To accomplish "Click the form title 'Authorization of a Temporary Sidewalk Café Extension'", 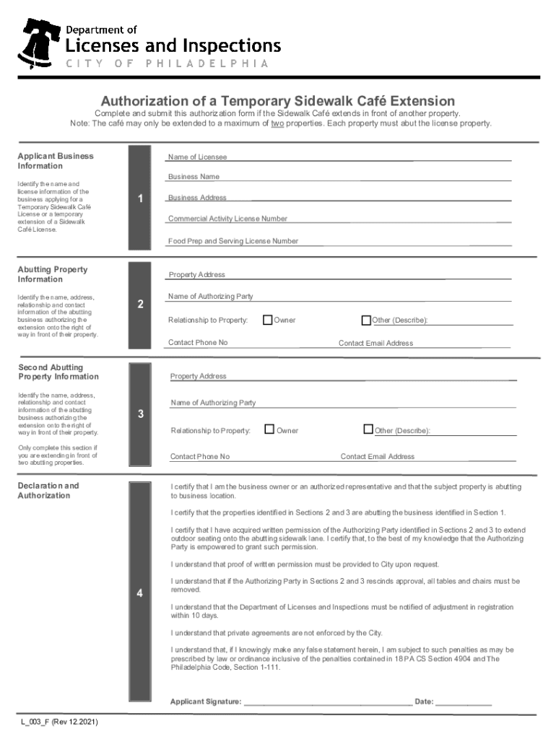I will (x=277, y=101).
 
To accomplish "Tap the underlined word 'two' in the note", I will (x=277, y=123).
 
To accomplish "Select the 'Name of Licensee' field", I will (x=339, y=157).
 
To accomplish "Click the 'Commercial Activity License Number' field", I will (x=339, y=219).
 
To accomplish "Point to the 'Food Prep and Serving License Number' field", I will (x=339, y=241).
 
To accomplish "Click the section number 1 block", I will (x=139, y=198).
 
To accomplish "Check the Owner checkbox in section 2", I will (x=268, y=320).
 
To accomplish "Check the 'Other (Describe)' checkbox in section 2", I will (x=366, y=320).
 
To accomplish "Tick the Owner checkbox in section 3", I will (x=269, y=430).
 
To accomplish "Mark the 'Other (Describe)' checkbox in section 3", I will (x=368, y=430).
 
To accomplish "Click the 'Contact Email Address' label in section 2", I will (x=375, y=343).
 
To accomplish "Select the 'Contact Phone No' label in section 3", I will (x=200, y=456).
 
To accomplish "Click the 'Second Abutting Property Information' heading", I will (x=58, y=372).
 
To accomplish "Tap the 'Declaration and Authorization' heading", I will (x=48, y=490).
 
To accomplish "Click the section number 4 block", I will (x=139, y=592).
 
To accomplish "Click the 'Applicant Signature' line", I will (x=328, y=701).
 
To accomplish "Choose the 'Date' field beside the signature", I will (x=464, y=701).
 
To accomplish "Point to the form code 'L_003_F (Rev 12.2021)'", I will (x=59, y=722).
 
